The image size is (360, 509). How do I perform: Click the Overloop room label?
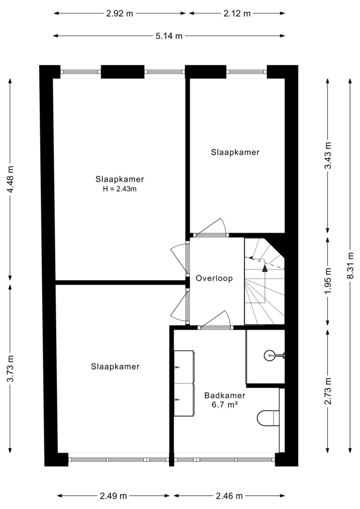click(x=214, y=278)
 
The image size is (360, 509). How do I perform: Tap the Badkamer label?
click(x=224, y=396)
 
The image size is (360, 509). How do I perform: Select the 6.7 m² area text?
click(x=224, y=405)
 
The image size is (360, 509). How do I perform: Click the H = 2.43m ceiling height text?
click(x=120, y=189)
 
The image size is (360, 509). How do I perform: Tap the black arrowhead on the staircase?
click(x=265, y=268)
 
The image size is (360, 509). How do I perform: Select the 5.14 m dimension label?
click(x=169, y=36)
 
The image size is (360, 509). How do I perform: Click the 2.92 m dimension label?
click(x=120, y=13)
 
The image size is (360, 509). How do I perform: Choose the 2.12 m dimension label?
click(x=237, y=13)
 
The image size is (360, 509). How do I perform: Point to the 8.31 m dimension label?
click(x=350, y=265)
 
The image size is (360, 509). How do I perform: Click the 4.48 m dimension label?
click(x=10, y=179)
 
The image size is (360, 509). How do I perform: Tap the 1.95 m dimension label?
click(x=328, y=281)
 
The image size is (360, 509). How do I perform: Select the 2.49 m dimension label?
click(x=113, y=496)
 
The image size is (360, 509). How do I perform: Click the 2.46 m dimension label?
click(x=229, y=496)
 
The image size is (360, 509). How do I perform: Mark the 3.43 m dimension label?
click(x=328, y=156)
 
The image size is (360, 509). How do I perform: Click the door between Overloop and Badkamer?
click(x=216, y=320)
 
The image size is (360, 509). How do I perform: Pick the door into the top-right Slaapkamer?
click(x=210, y=227)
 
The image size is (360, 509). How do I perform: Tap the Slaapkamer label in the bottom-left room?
click(x=115, y=366)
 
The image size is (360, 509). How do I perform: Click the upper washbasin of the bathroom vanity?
click(x=184, y=367)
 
